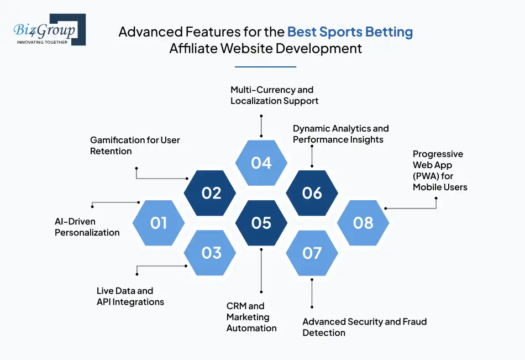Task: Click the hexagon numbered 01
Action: tap(159, 223)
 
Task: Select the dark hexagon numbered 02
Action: tap(211, 193)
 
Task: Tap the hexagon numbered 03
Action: tap(211, 253)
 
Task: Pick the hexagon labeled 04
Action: tap(261, 163)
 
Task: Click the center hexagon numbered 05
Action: tap(261, 223)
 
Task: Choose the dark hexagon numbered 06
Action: tap(312, 193)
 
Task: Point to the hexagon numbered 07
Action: tap(312, 253)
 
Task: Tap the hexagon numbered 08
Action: tap(363, 223)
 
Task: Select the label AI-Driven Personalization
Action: tap(87, 227)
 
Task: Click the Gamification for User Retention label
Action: tap(135, 145)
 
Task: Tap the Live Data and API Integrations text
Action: tap(130, 296)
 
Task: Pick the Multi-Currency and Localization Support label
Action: tap(274, 95)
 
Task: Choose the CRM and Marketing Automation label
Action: tap(251, 317)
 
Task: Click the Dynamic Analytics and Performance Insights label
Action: tap(340, 134)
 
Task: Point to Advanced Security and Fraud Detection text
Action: tap(364, 327)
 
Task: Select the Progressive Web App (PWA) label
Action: tap(439, 170)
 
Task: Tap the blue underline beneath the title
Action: tap(265, 67)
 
